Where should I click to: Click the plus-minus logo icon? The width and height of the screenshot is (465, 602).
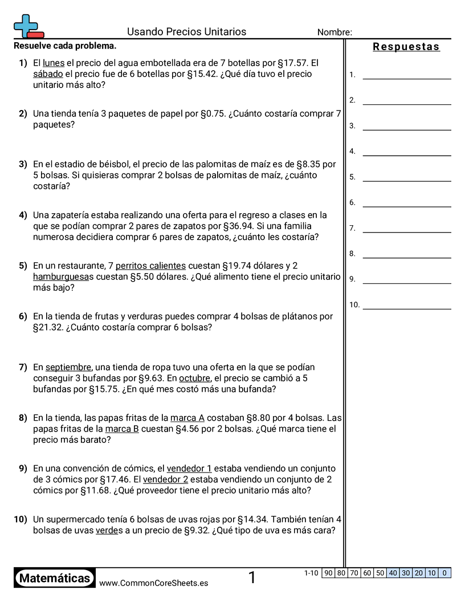click(x=28, y=26)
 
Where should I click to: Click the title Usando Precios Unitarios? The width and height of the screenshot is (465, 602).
click(x=186, y=32)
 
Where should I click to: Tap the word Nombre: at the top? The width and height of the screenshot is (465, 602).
click(x=335, y=32)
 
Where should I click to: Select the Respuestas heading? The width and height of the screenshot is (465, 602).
click(x=406, y=47)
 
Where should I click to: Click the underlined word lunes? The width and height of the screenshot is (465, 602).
click(x=54, y=63)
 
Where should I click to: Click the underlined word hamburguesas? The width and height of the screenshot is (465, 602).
click(x=62, y=276)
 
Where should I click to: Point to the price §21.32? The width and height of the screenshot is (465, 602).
click(x=48, y=327)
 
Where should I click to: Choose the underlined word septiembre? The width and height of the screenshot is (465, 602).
click(x=68, y=367)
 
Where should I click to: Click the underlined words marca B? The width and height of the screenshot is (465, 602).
click(x=122, y=429)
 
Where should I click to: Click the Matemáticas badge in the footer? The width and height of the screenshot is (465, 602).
click(x=55, y=579)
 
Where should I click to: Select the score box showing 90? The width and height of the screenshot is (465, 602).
click(x=328, y=573)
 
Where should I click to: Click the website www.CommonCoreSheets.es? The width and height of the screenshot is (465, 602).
click(x=153, y=583)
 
